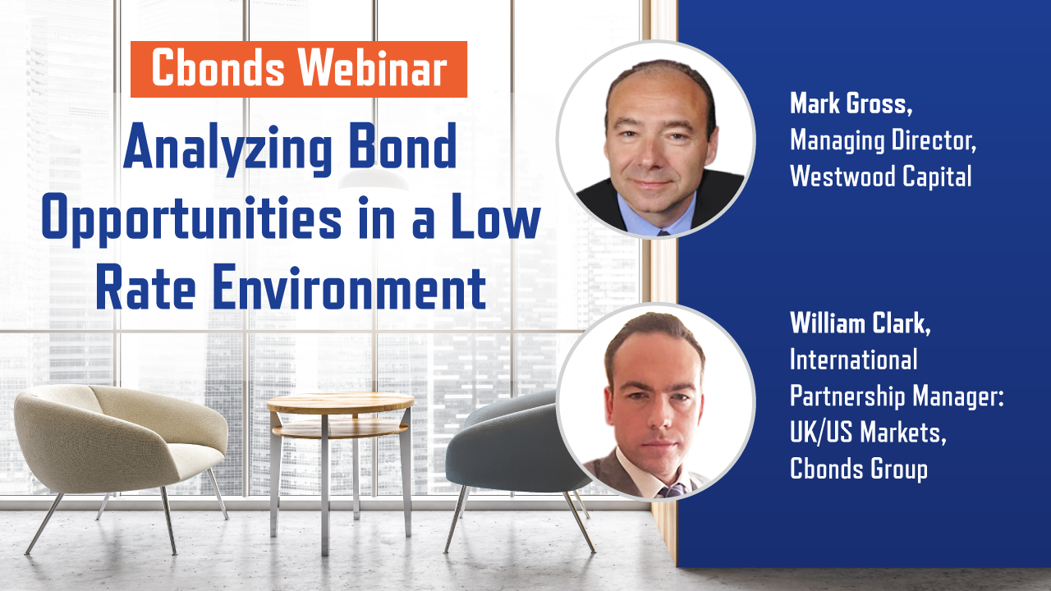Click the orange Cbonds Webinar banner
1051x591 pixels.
298,69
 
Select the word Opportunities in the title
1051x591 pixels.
192,219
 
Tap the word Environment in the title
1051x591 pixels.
349,286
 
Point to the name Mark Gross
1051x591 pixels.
851,103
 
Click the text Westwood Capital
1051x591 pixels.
881,176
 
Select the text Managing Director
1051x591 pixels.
883,140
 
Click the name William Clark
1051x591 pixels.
860,323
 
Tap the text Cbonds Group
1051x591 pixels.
859,469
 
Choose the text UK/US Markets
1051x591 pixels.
868,432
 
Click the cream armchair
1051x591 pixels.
121,451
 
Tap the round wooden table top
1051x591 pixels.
341,402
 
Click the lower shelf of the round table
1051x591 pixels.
340,428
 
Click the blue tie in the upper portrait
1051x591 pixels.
663,232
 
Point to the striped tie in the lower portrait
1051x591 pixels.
672,491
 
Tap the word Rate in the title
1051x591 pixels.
146,286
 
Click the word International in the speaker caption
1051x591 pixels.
853,360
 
